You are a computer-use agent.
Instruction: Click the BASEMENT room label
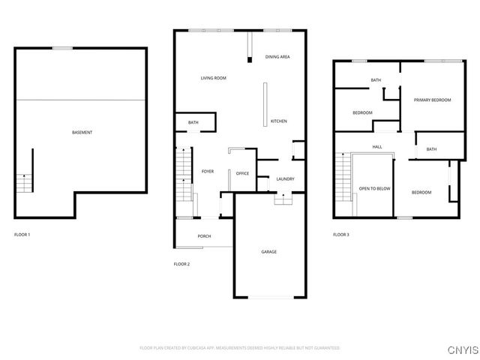(82, 133)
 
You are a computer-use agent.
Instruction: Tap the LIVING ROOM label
(213, 78)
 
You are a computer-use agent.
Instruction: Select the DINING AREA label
(277, 57)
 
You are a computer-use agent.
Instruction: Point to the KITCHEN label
(278, 121)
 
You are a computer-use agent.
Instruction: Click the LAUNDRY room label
(285, 178)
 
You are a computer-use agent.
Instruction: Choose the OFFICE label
(242, 173)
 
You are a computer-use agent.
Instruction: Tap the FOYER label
(208, 171)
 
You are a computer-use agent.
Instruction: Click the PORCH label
(204, 236)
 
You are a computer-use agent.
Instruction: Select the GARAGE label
(269, 251)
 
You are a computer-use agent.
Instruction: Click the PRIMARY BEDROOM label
(432, 99)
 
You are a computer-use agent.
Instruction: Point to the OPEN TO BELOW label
(374, 188)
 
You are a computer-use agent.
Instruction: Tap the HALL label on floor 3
(377, 147)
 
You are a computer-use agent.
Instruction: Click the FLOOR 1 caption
(22, 235)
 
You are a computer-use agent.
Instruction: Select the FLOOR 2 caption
(181, 264)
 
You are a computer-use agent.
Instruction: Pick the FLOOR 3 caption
(341, 235)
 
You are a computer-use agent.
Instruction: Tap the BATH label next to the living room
(193, 122)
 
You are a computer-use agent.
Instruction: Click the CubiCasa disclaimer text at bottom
(240, 348)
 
